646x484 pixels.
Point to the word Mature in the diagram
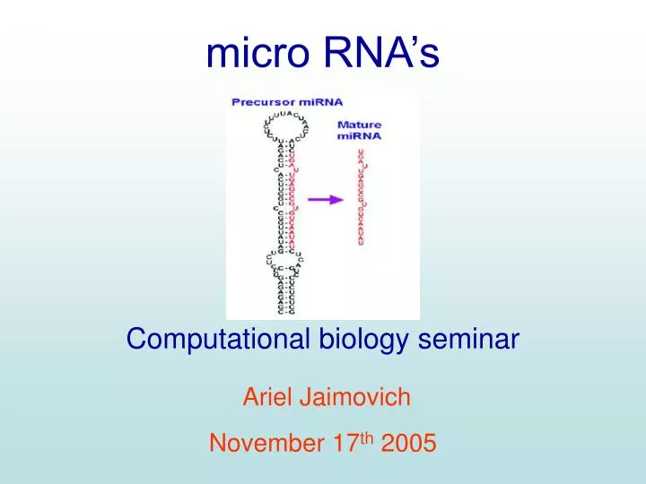pos(359,125)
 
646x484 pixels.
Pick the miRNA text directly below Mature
pos(359,136)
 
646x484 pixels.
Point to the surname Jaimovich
pos(354,398)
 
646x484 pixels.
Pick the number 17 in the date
pos(344,443)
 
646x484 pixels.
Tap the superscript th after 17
pos(366,437)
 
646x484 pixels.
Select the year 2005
pos(408,443)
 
